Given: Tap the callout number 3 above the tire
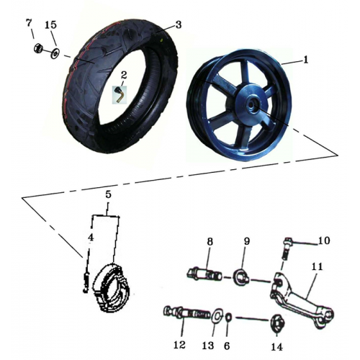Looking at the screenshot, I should [x=178, y=24].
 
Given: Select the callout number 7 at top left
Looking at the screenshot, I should [x=30, y=24].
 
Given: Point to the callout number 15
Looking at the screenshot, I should [x=50, y=25].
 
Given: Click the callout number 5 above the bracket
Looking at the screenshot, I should [x=108, y=194].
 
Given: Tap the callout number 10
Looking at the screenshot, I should [x=324, y=240].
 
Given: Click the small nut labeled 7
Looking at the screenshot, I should [x=40, y=50].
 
